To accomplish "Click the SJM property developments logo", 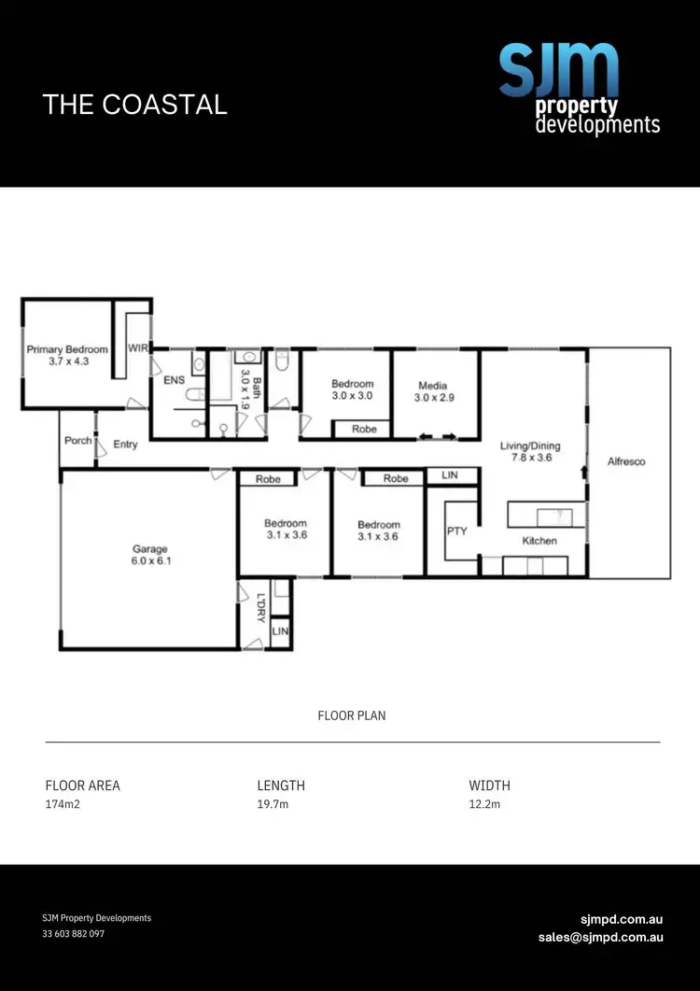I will tap(579, 89).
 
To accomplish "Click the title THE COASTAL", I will tap(135, 104).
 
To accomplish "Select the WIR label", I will tap(138, 348).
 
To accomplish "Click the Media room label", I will tap(432, 391).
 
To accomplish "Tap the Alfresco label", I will tap(626, 461).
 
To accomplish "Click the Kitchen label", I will tap(539, 541).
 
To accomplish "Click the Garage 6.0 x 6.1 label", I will tap(149, 556).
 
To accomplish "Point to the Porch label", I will tap(77, 440).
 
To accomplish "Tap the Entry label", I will tap(125, 445).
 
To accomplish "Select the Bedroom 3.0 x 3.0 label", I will tap(353, 389).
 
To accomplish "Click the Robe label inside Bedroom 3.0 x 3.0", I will tap(363, 430).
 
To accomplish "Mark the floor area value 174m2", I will tap(62, 804).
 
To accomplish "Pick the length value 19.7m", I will tap(273, 804).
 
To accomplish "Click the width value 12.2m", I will tap(484, 804).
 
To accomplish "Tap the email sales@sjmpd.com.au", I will tap(600, 937).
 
